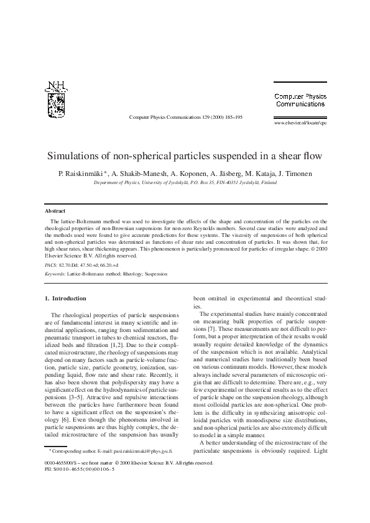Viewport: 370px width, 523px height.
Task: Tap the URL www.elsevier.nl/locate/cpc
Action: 300,123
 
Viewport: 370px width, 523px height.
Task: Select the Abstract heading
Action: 48,211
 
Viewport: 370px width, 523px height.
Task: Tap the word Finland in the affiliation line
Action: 268,183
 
